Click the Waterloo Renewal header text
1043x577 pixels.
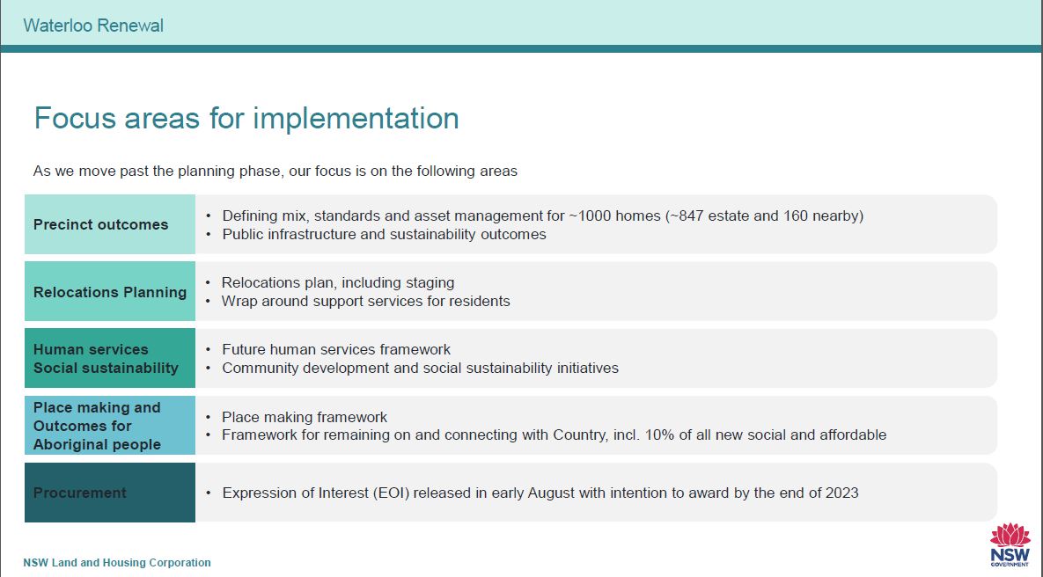click(x=93, y=26)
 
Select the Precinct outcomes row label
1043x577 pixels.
click(x=101, y=224)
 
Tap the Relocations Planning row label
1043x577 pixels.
click(x=110, y=292)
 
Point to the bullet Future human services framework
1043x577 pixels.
click(x=336, y=349)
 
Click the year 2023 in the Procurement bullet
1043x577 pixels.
click(x=841, y=493)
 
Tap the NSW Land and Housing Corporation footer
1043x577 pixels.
click(x=117, y=562)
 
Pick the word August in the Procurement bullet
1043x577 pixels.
click(x=552, y=493)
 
